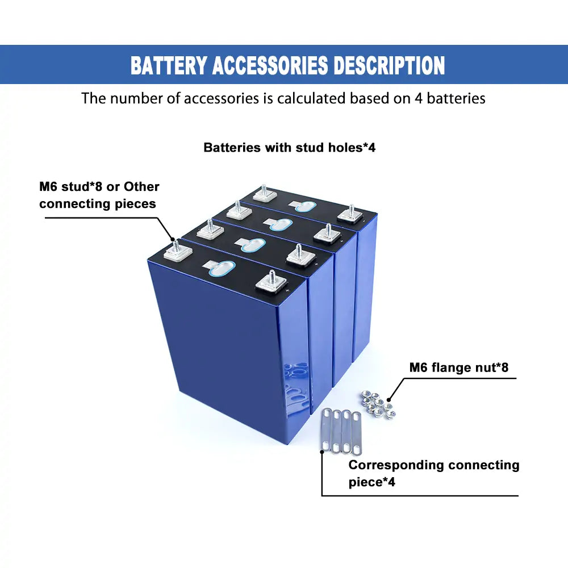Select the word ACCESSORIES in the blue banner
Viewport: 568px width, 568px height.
pos(270,65)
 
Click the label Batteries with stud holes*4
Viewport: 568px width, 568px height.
pos(290,148)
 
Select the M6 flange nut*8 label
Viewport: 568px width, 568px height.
pos(459,367)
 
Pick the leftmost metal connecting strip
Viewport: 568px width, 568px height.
pos(327,431)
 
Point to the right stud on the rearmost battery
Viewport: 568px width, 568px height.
pos(350,213)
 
